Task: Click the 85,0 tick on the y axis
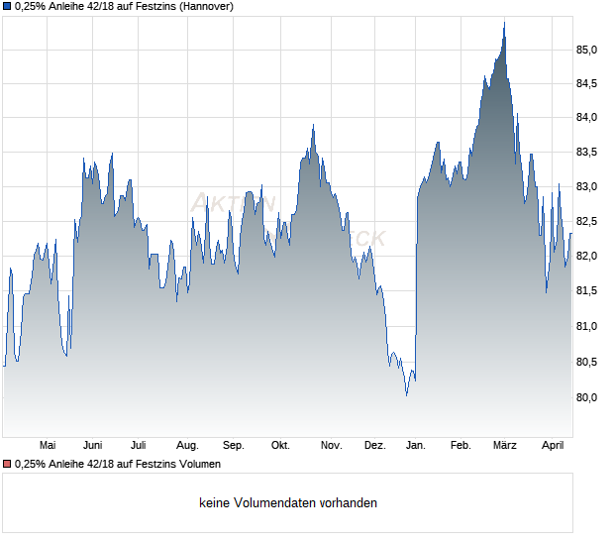[587, 50]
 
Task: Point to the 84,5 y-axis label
[587, 83]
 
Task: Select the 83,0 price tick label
[587, 187]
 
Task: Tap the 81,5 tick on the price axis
[587, 291]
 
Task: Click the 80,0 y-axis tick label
[587, 397]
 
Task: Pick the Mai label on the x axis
[47, 446]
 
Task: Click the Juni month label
[93, 446]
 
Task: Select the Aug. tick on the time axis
[187, 446]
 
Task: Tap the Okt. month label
[280, 446]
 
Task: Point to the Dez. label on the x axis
[374, 446]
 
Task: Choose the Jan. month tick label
[415, 446]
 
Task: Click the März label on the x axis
[505, 446]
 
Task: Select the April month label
[552, 446]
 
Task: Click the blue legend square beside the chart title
[7, 7]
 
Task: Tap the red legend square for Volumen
[7, 464]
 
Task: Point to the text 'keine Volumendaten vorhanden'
[288, 503]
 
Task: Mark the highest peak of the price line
[504, 22]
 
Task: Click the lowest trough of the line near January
[406, 395]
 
